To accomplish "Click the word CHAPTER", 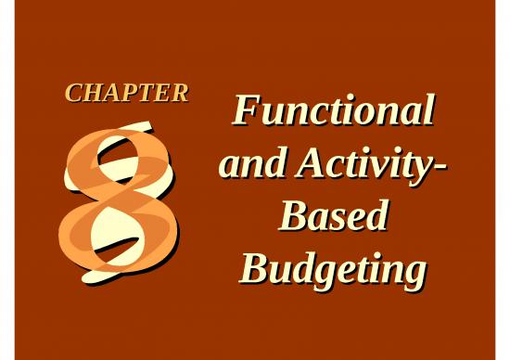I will (x=126, y=93).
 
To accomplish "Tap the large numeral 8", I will (x=119, y=199).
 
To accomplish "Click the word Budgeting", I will (x=332, y=270).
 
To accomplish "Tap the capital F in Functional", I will (x=244, y=111).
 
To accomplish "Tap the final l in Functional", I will (x=427, y=110).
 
